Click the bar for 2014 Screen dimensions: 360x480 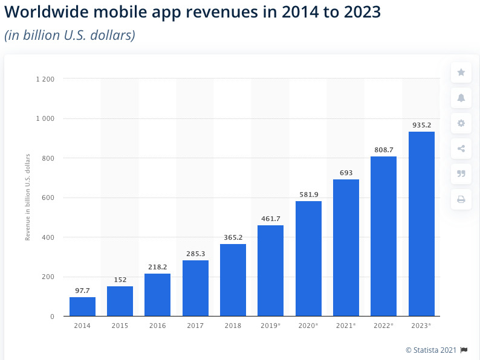click(x=82, y=307)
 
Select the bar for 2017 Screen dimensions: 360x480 click(x=195, y=288)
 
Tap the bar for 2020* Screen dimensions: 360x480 click(x=308, y=259)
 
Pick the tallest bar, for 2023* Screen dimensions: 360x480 click(x=421, y=223)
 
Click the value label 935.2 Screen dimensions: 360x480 click(x=421, y=125)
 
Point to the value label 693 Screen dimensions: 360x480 click(x=346, y=173)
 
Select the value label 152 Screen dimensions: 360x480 click(x=120, y=280)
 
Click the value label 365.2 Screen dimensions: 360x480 click(x=233, y=237)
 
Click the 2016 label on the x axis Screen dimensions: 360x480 click(x=157, y=326)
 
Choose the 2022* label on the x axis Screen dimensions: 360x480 click(x=383, y=326)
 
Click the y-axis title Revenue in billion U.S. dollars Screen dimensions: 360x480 click(x=28, y=198)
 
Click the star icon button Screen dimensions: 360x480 click(x=461, y=72)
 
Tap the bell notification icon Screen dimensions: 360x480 click(x=461, y=98)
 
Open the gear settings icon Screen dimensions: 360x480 click(x=461, y=123)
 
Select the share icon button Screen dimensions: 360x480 click(x=461, y=149)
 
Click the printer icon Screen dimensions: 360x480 click(x=461, y=199)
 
